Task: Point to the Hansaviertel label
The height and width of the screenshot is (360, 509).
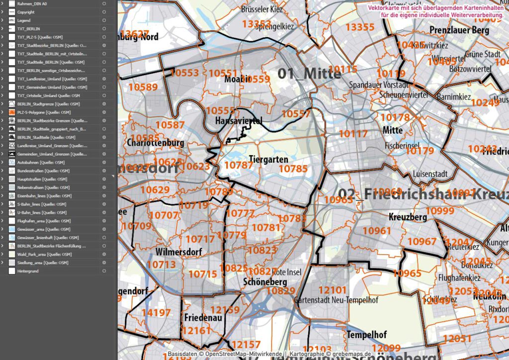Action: coord(239,121)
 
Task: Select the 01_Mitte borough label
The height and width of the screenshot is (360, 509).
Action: coord(309,74)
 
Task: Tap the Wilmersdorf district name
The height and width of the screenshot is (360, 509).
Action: coord(178,252)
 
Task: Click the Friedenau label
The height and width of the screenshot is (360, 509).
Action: coord(203,317)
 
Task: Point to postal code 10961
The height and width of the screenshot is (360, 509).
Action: coord(377,230)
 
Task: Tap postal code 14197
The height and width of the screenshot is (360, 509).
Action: coord(156,312)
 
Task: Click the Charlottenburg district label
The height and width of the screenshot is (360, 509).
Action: coord(156,143)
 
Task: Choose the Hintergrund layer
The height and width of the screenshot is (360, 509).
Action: coord(28,271)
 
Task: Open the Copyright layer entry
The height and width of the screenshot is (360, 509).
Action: coord(26,12)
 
